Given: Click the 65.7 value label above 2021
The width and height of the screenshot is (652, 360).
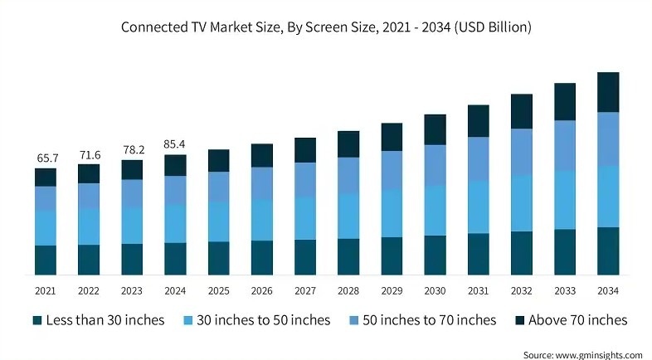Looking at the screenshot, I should click(46, 157).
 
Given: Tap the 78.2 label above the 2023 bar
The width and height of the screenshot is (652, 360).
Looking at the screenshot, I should click(132, 149).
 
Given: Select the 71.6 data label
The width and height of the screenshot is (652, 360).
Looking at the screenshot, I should click(89, 154).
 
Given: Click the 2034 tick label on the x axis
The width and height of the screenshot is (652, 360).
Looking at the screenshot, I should click(608, 290).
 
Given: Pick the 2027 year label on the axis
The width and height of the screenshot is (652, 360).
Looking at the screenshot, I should click(305, 290).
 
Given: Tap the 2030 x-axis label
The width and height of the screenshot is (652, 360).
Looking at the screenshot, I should click(435, 290).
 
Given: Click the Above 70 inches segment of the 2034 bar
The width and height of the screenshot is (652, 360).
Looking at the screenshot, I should click(608, 92).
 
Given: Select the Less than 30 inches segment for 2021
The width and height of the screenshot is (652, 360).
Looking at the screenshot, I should click(46, 260).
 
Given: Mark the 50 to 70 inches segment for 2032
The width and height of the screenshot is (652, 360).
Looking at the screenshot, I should click(522, 152).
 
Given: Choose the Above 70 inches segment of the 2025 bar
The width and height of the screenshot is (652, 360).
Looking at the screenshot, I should click(218, 161).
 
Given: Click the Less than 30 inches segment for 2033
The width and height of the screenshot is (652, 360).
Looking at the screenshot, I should click(565, 251).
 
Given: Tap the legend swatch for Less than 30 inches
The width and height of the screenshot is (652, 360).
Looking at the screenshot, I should click(36, 320).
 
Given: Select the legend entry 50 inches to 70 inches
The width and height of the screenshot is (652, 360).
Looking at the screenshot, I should click(435, 320).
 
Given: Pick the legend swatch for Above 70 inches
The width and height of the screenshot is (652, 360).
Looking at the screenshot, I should click(519, 320).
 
